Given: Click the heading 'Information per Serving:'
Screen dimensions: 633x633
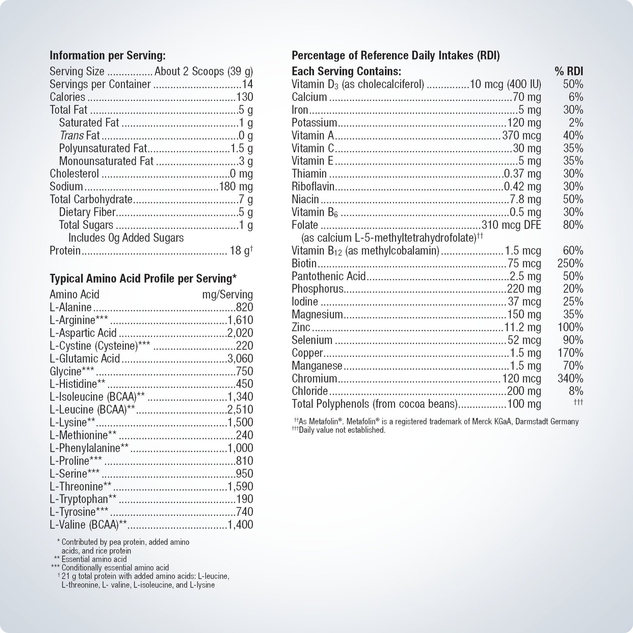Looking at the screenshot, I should (x=107, y=56).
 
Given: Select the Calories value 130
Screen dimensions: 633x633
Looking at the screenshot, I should (x=244, y=97).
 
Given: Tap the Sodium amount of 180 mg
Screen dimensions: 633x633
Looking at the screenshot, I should (x=236, y=186).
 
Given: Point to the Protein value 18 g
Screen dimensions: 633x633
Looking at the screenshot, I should (x=241, y=251).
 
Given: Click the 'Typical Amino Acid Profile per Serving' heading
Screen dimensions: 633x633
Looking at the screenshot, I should (x=143, y=279).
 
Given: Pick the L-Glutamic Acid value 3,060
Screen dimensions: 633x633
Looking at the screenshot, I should (x=240, y=358).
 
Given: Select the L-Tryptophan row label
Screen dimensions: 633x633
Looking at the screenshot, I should (x=83, y=499).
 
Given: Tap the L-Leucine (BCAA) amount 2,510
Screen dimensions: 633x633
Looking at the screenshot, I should (x=240, y=409).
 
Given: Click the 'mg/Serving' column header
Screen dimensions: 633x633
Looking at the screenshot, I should (x=227, y=294).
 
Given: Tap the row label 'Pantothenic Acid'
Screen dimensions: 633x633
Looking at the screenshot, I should (x=328, y=276).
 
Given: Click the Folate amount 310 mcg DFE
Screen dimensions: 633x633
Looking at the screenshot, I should (x=511, y=225).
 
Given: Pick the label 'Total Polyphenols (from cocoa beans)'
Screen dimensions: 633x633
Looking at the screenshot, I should (x=374, y=404).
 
